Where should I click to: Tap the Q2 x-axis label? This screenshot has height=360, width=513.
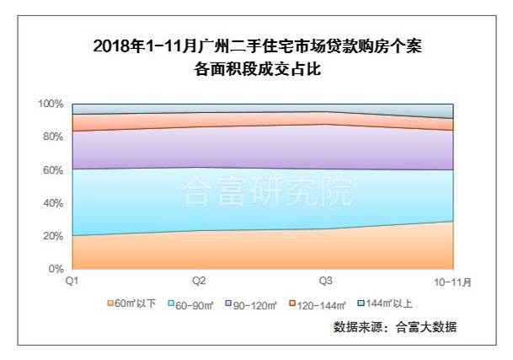(x=200, y=281)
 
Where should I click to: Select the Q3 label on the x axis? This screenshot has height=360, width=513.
(x=326, y=281)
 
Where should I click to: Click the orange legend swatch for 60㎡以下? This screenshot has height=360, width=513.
(x=110, y=303)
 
